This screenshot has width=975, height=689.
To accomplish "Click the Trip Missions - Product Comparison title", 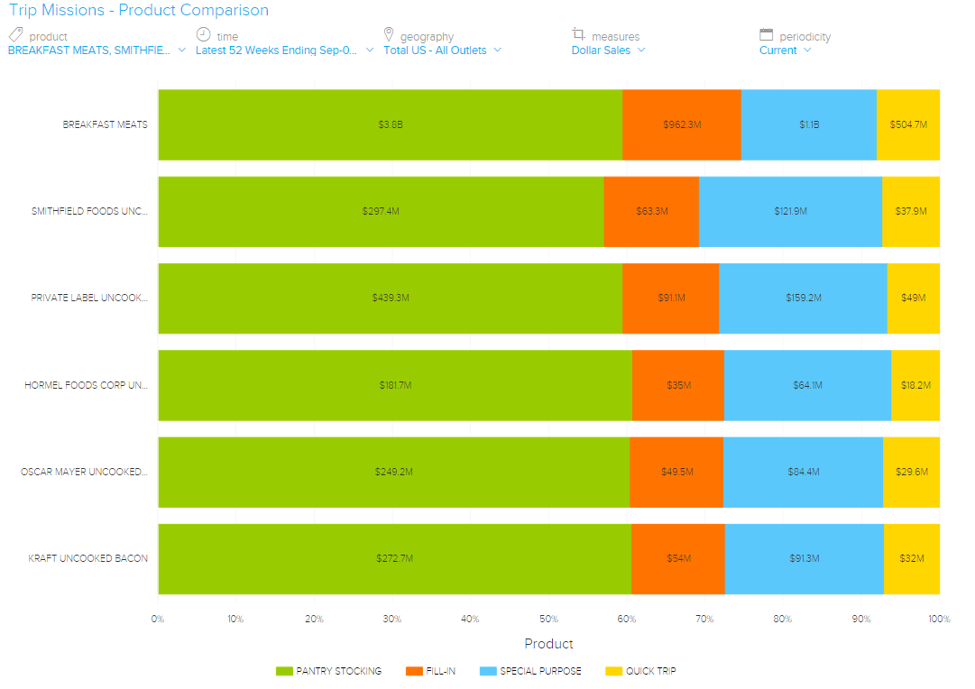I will [139, 11].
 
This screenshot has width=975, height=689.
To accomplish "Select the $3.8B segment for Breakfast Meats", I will [390, 124].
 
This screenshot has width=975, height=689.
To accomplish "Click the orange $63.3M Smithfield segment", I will [651, 211].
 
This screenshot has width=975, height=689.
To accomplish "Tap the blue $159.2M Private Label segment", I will [803, 298].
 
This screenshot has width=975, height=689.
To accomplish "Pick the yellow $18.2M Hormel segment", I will [915, 385].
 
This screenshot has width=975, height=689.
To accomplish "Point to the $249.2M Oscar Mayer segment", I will [393, 472].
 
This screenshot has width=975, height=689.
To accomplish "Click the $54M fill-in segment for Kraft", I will [677, 558].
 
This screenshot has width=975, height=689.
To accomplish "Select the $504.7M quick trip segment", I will [908, 124].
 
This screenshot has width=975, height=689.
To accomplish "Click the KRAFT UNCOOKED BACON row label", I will [87, 558].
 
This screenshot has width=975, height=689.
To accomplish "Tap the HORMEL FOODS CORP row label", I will [86, 385].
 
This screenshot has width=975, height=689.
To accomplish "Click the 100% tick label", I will [939, 619].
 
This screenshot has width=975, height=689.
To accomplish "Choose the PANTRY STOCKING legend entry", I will [329, 671].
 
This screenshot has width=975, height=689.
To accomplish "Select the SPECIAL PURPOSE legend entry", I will [530, 671].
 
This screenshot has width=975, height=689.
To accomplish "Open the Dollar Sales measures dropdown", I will [609, 51].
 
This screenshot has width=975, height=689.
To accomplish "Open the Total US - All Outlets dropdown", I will [443, 51].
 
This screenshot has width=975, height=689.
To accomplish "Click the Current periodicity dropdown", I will [785, 51].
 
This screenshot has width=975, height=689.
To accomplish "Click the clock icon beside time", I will [203, 34].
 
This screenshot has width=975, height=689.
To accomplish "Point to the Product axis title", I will [548, 644].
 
